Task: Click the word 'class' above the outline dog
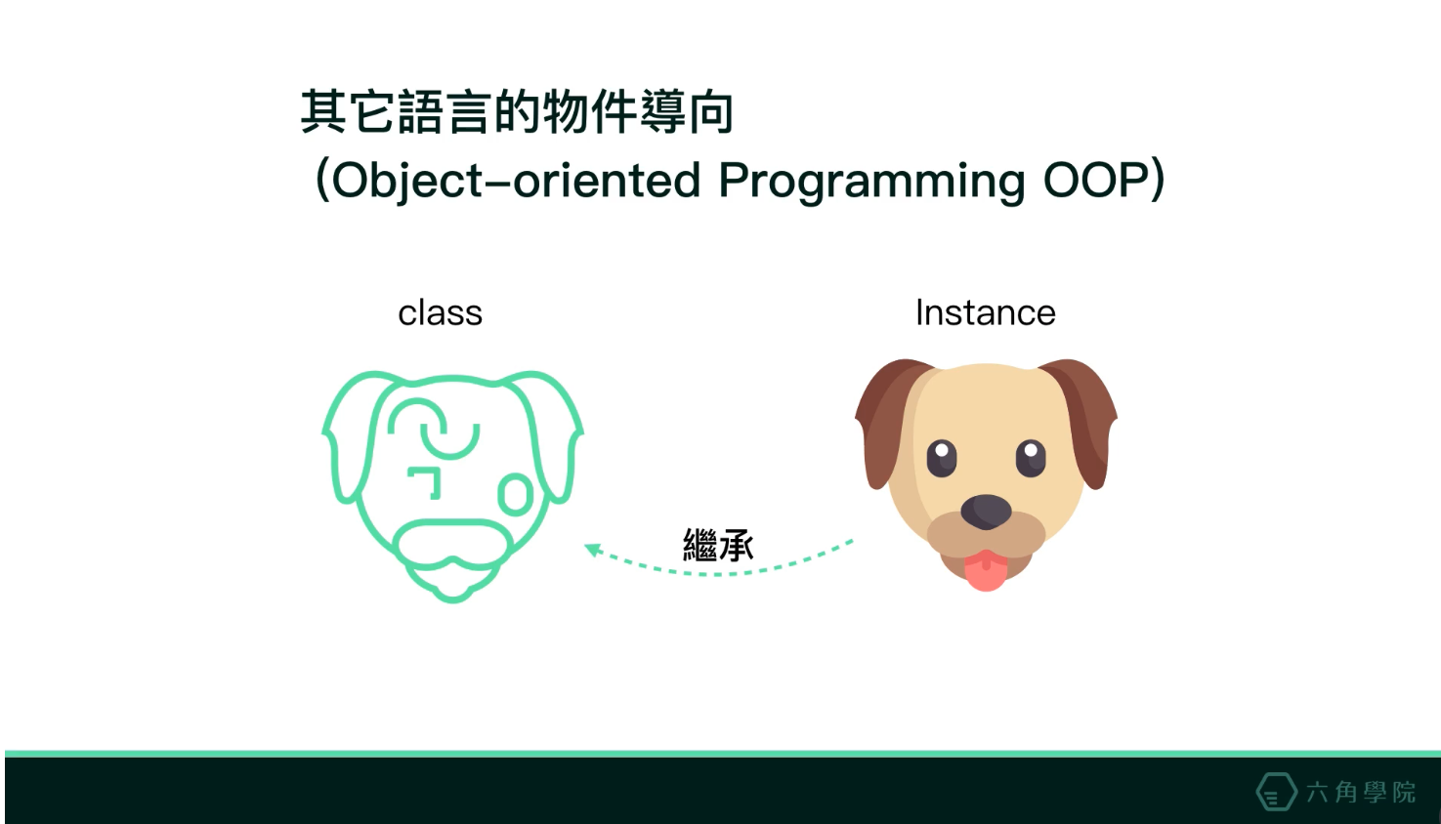(440, 313)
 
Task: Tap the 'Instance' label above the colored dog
(986, 313)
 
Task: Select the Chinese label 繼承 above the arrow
(718, 545)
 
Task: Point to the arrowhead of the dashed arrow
(593, 551)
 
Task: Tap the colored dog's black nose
(986, 512)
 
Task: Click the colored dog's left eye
(942, 458)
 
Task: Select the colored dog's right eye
(1031, 458)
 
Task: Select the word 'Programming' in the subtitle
(871, 182)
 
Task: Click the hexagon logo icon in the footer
(1276, 791)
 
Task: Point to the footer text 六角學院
(1361, 792)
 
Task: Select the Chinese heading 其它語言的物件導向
(517, 112)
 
